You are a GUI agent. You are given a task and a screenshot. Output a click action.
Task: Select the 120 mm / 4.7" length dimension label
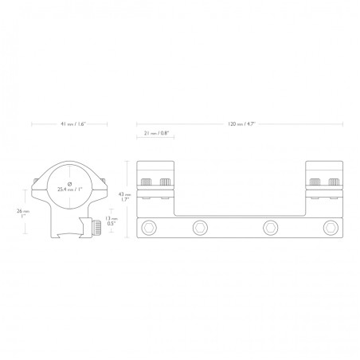[241, 125]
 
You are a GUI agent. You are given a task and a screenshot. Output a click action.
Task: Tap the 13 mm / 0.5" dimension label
[111, 222]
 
